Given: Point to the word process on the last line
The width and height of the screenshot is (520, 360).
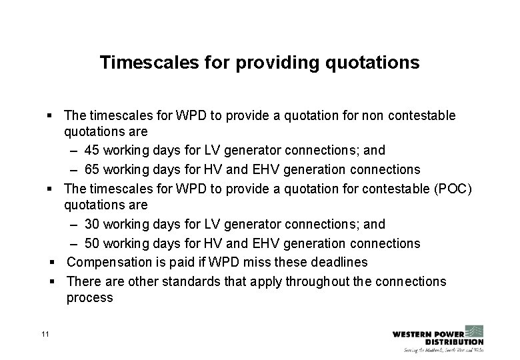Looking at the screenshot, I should point(89,298).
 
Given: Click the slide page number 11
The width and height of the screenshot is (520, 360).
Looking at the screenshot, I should point(45,333).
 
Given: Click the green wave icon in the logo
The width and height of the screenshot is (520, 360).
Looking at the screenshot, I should point(473,331).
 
